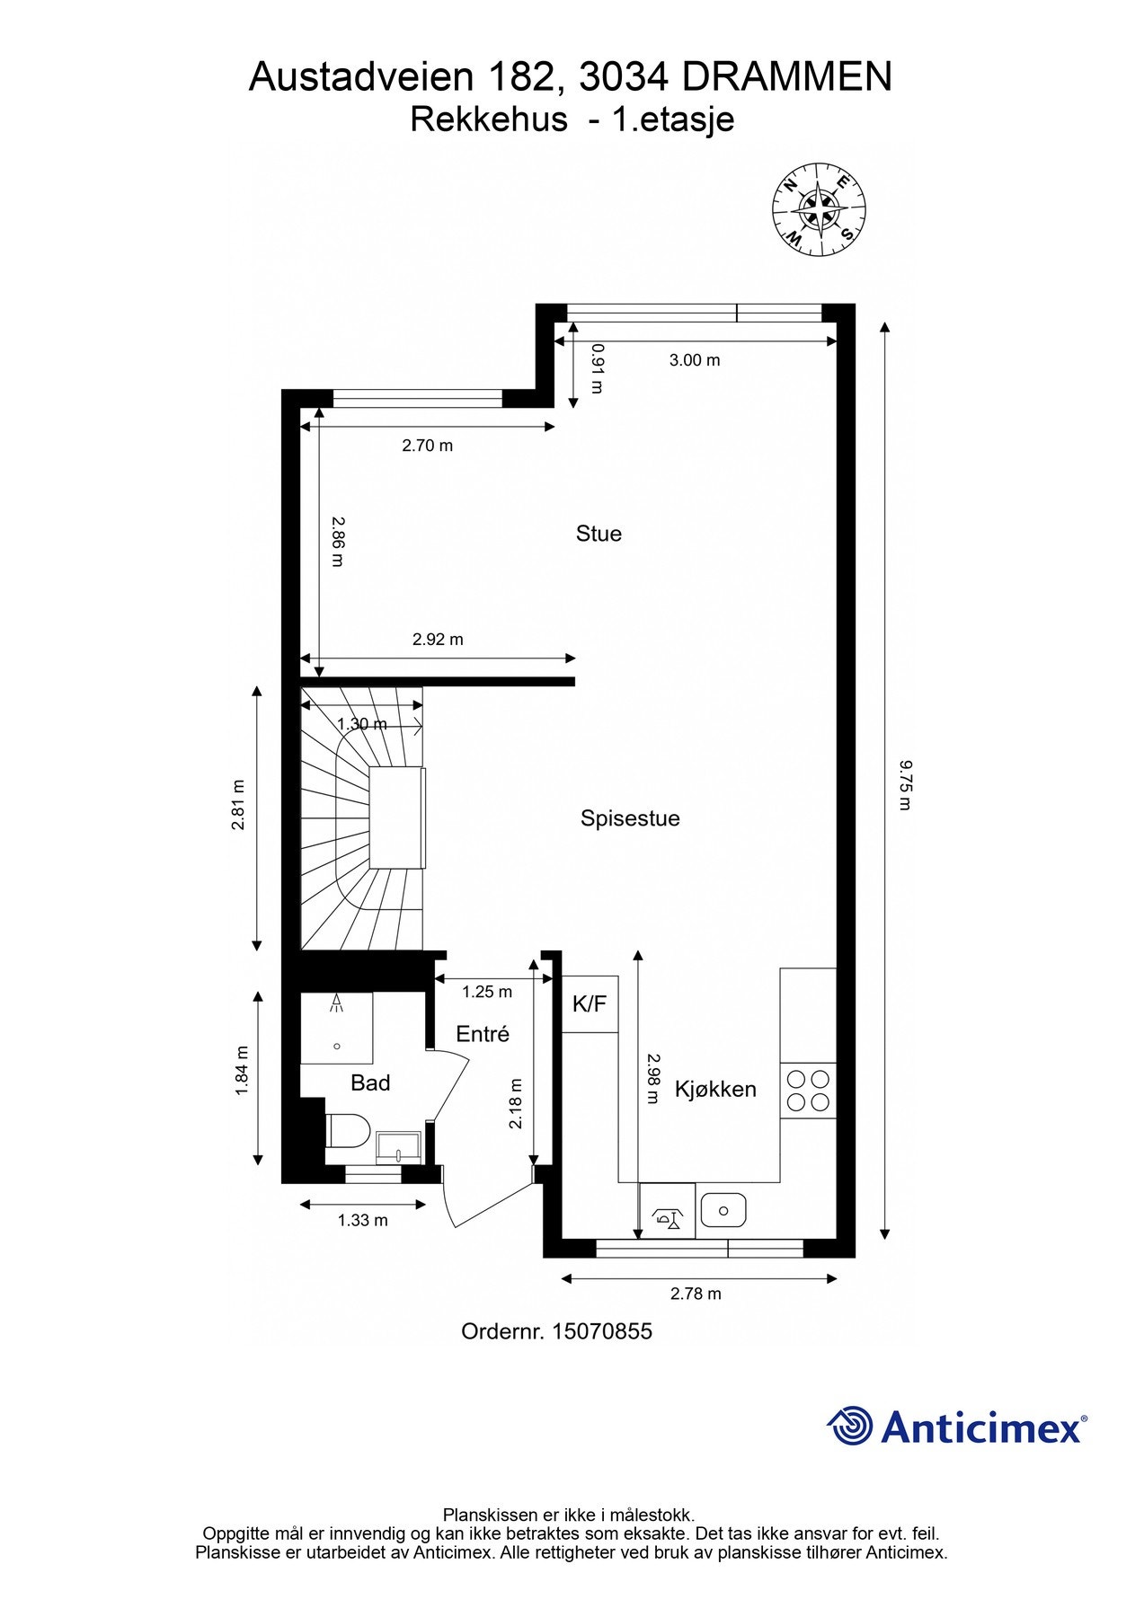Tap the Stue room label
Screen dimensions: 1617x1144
[x=599, y=534]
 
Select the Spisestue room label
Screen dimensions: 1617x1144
[x=630, y=818]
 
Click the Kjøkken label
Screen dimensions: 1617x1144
[x=715, y=1089]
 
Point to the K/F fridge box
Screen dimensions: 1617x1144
[x=590, y=1003]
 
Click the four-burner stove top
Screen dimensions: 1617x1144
[x=808, y=1091]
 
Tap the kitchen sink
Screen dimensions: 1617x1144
[x=723, y=1210]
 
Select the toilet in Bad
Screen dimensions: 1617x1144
[x=348, y=1130]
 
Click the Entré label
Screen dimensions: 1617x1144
[x=483, y=1034]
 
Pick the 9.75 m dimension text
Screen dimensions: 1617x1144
[x=905, y=783]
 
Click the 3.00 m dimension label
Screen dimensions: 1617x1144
[x=695, y=360]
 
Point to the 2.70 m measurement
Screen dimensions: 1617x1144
[x=427, y=445]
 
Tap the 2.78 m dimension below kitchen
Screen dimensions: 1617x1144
[x=696, y=1294]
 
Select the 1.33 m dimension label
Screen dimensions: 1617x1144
[x=362, y=1220]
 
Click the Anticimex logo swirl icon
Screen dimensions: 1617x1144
[x=849, y=1426]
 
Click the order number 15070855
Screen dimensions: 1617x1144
[x=601, y=1331]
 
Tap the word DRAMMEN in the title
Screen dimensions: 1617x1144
[x=786, y=77]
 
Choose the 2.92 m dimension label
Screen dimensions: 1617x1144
[x=438, y=640]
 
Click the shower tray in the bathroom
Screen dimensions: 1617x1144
[x=336, y=1028]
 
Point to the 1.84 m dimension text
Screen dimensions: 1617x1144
[x=241, y=1070]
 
